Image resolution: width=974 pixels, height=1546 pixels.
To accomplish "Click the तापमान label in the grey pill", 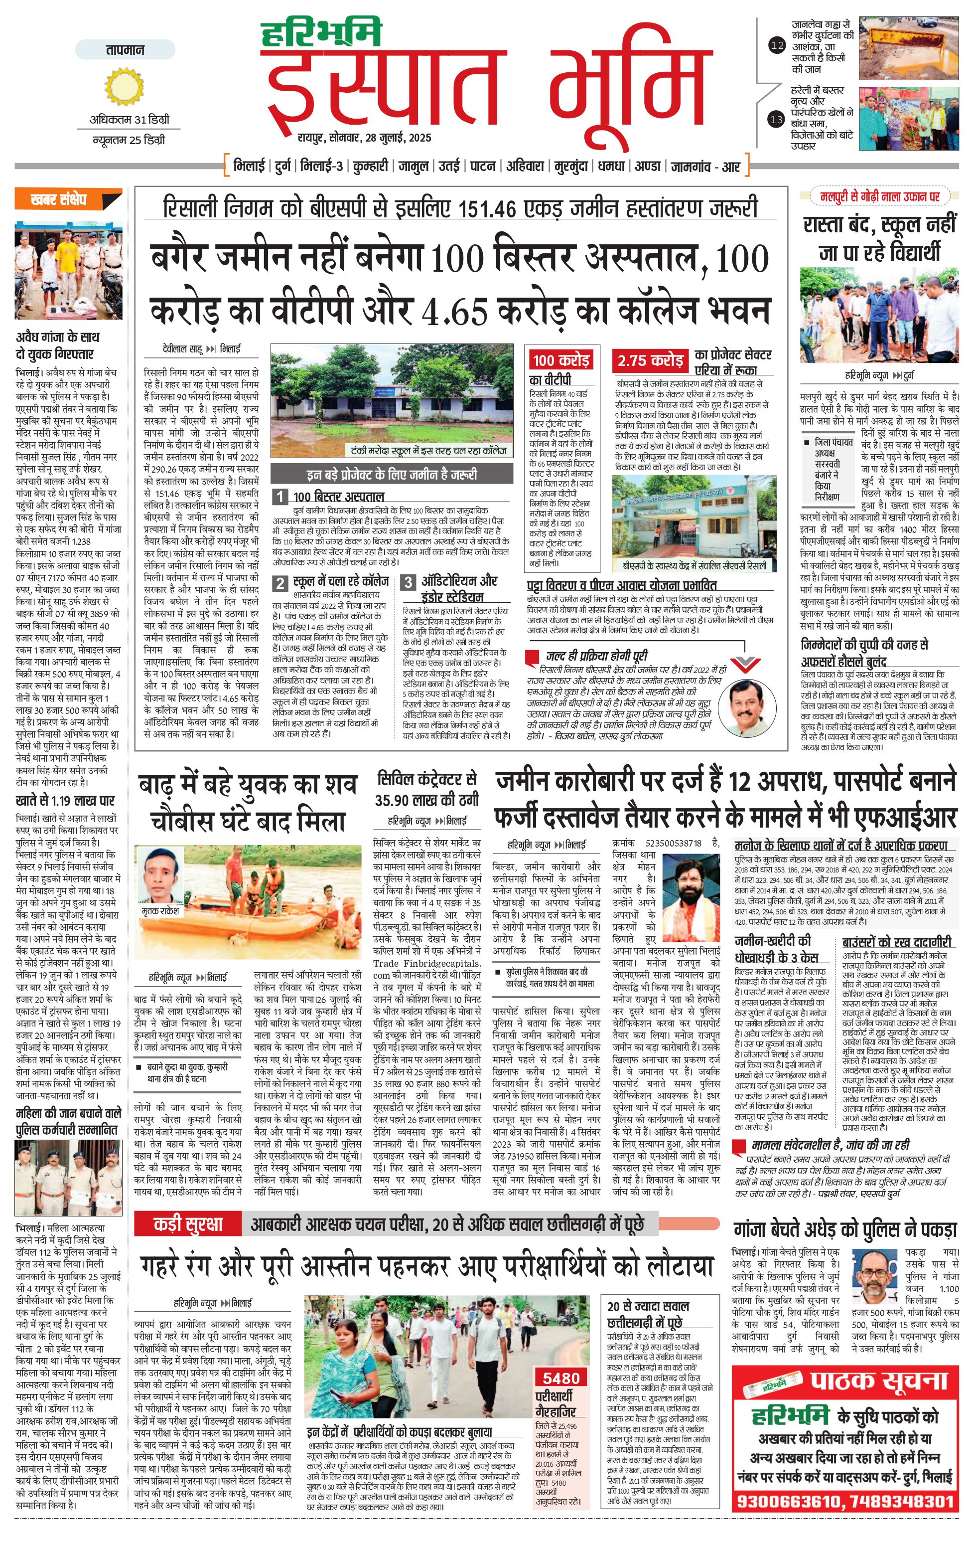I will [125, 49].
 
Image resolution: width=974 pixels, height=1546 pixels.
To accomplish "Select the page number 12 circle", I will [777, 45].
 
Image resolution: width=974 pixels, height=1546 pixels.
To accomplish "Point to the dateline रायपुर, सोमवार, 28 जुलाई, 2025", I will [364, 138].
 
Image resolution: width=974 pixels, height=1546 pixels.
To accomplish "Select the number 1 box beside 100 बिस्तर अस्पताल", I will [280, 496].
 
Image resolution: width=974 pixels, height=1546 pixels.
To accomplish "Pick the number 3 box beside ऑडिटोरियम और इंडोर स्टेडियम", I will [408, 582].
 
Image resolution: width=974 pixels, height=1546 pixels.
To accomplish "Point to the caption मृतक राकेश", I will [160, 910].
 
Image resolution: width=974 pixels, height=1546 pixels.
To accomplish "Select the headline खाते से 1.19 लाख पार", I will [65, 801].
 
